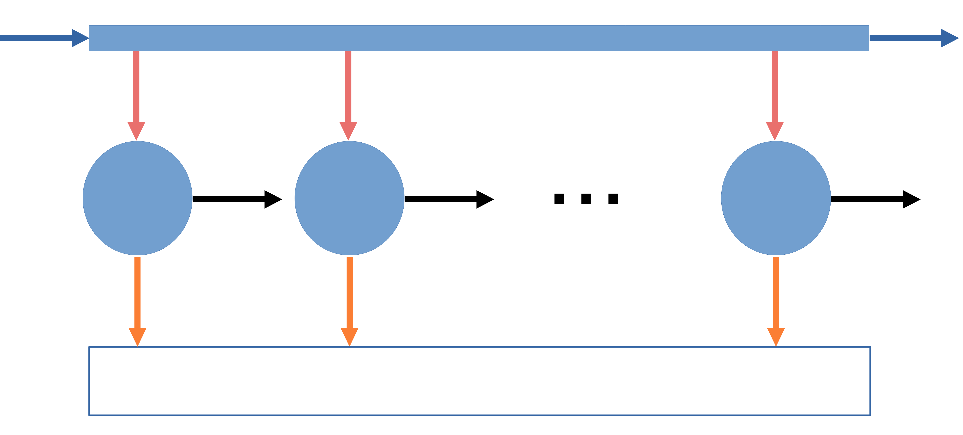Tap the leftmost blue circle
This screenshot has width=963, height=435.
tap(138, 198)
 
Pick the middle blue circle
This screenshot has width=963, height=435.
tap(350, 198)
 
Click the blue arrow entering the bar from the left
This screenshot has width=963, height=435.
tap(37, 38)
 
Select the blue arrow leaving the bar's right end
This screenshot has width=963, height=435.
tap(905, 38)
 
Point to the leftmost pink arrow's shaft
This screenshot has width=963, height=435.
tap(136, 86)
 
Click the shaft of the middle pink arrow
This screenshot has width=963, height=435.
tap(348, 86)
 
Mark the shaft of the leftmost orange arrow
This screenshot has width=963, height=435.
tap(138, 292)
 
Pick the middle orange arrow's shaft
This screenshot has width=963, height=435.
tap(350, 292)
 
